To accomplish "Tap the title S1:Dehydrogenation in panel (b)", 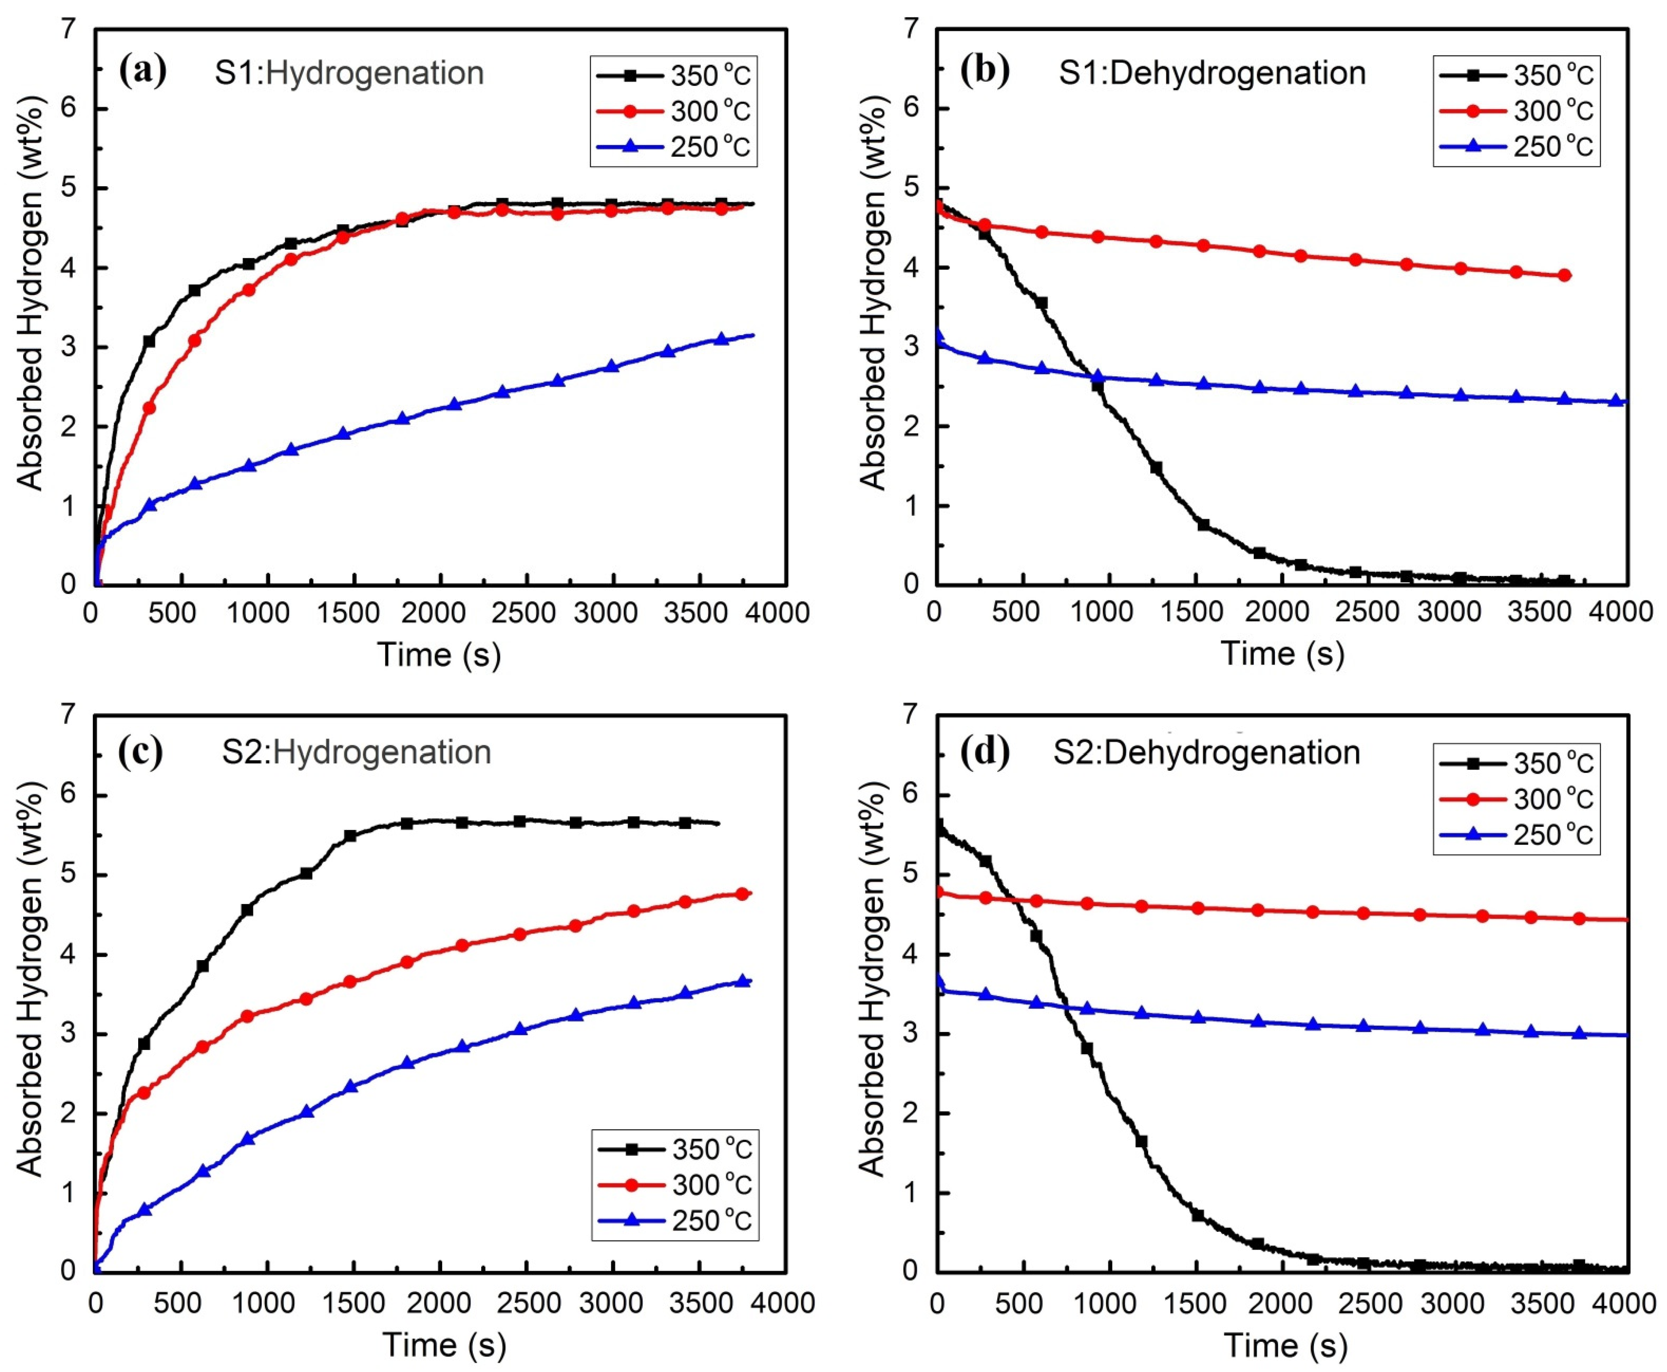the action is click(x=1213, y=73).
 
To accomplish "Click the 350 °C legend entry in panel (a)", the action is click(x=674, y=76).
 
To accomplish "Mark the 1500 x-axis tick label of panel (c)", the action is click(x=353, y=1302).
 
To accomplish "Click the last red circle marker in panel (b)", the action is click(x=1564, y=275).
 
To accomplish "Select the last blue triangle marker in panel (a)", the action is click(x=721, y=339).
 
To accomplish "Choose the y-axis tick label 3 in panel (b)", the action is click(x=916, y=347).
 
